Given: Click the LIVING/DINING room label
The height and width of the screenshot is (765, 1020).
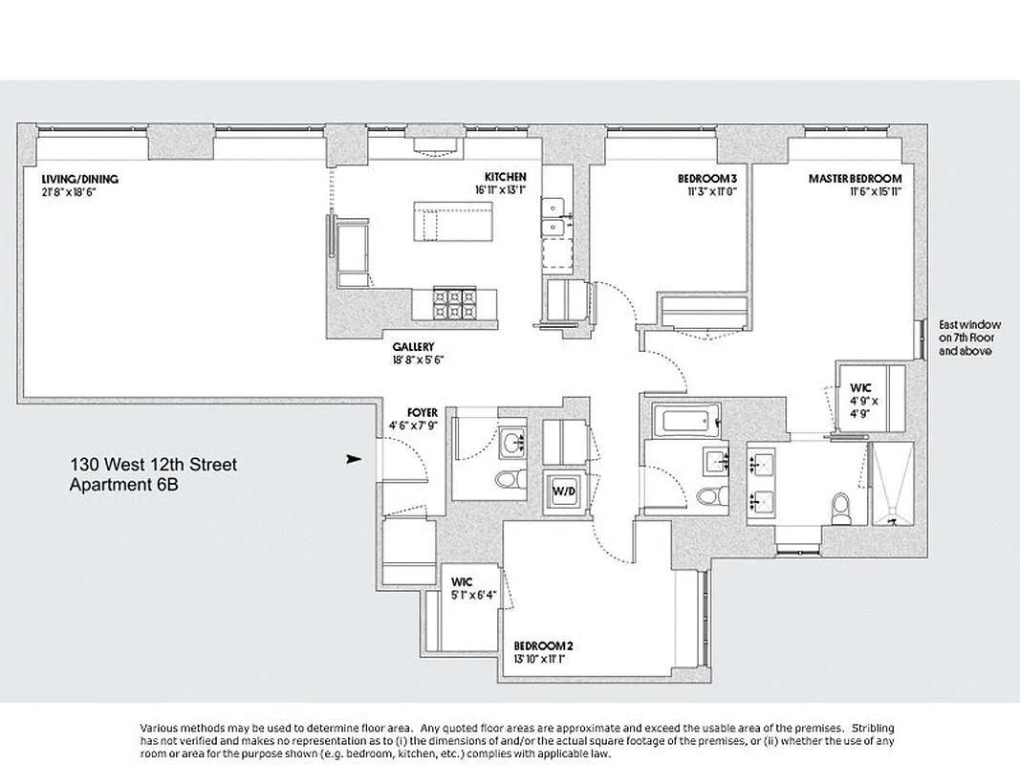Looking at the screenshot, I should (79, 179).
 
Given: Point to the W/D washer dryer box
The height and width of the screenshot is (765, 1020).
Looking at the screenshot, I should (562, 492).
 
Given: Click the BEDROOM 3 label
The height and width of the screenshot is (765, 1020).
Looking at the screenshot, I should (707, 179).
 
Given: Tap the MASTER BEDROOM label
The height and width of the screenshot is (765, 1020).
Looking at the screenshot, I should (855, 179).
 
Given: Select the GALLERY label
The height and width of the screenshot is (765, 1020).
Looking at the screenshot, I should (414, 346).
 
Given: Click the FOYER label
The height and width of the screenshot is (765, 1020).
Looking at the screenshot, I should (422, 413).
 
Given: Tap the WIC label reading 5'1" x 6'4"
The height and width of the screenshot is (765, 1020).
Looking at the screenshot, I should (462, 582).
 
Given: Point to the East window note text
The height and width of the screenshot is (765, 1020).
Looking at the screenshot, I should (965, 338).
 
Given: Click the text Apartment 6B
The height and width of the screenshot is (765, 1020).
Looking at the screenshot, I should (124, 485).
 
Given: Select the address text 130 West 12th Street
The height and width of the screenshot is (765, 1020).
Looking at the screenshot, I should (153, 466).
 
